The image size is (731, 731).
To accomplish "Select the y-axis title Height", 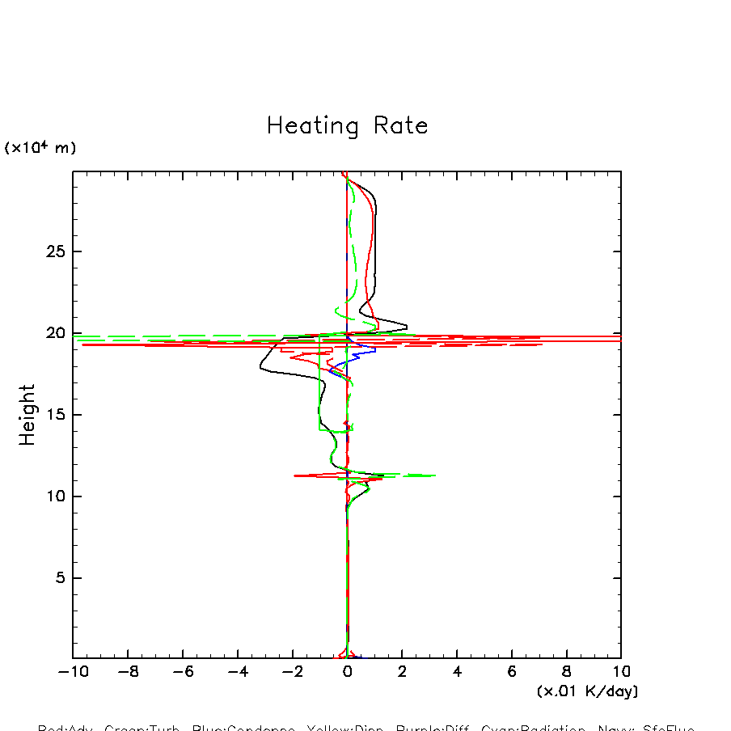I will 28,415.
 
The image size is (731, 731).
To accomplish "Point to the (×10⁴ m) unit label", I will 40,148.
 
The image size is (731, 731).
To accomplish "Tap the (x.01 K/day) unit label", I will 588,691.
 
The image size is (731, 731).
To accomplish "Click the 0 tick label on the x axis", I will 347,672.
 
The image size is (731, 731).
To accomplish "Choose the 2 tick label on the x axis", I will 402,672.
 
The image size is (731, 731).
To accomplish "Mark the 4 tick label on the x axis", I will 457,672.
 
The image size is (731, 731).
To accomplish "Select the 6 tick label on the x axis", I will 512,672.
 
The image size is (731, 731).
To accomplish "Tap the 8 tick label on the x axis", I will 566,672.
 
